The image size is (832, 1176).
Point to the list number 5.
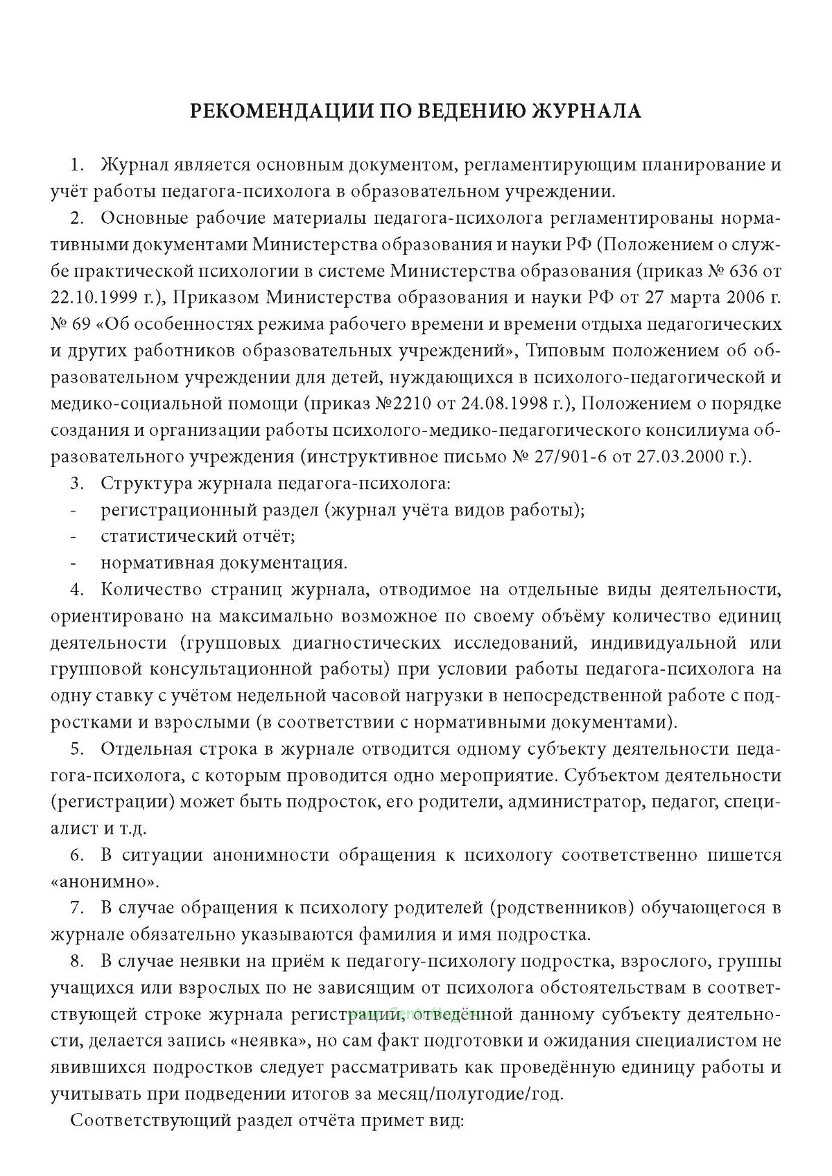(x=77, y=749)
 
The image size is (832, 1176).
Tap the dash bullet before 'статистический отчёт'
(x=73, y=536)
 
